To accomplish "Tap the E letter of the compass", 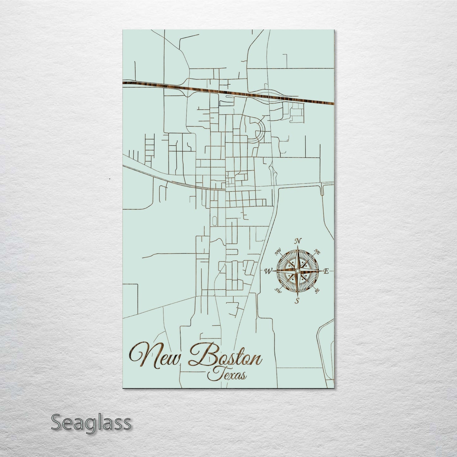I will click(x=327, y=271).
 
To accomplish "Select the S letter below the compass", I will click(x=297, y=301).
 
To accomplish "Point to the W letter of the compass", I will click(x=268, y=271).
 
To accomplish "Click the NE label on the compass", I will click(x=317, y=252).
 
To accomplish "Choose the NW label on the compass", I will click(x=278, y=252).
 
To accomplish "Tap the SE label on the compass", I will click(x=317, y=290).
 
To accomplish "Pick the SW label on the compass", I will click(x=278, y=290).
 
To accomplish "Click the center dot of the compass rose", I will click(x=297, y=271).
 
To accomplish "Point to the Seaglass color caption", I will click(x=91, y=423).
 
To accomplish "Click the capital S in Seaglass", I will click(x=57, y=423).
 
